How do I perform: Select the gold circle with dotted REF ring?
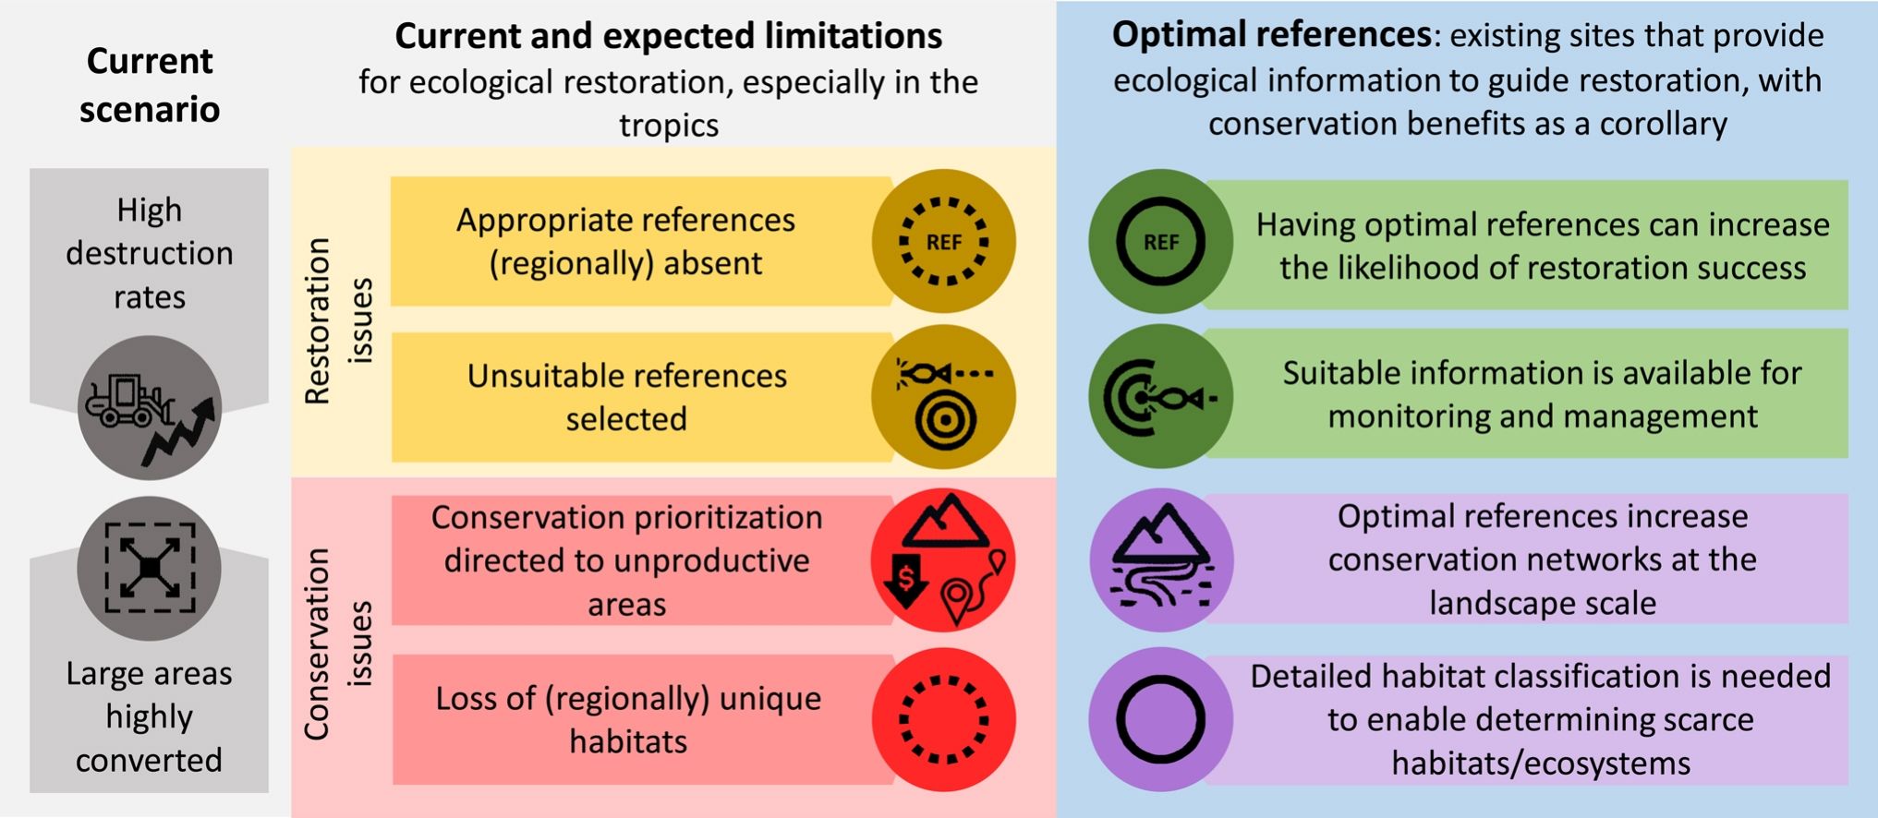click(x=943, y=241)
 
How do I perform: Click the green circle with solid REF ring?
click(x=1160, y=242)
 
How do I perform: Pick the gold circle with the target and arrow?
click(x=943, y=397)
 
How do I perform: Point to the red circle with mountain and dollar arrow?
click(x=943, y=559)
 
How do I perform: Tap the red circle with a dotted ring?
click(x=943, y=719)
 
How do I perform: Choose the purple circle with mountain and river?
click(x=1161, y=559)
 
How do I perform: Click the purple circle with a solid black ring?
click(x=1160, y=719)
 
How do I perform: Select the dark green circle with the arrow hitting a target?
click(x=1160, y=397)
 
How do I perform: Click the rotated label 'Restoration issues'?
click(x=338, y=320)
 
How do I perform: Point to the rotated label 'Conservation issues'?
click(x=338, y=644)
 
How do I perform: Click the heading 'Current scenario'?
click(x=150, y=85)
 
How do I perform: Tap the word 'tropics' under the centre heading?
click(x=669, y=125)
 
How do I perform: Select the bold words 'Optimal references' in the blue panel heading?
click(x=1271, y=35)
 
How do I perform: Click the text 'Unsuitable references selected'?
click(x=626, y=397)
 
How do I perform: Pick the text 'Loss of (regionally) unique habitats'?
click(x=628, y=719)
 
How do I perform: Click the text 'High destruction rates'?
click(x=150, y=253)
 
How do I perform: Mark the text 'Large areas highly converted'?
click(x=150, y=716)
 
